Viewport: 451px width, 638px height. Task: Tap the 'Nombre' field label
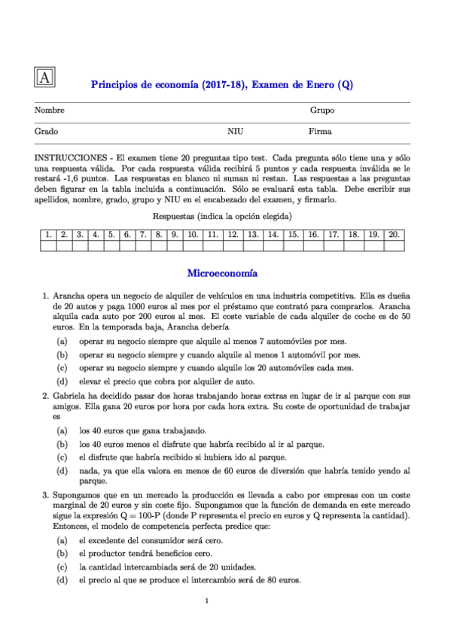point(50,111)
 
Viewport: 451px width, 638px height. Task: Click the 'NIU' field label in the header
point(235,131)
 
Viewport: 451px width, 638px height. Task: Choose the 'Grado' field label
point(47,131)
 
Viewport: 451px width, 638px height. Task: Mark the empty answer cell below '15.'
point(294,246)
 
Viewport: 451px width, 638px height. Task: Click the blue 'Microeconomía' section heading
point(222,274)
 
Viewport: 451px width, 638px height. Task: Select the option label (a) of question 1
point(61,342)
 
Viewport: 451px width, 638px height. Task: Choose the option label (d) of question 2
point(61,471)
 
